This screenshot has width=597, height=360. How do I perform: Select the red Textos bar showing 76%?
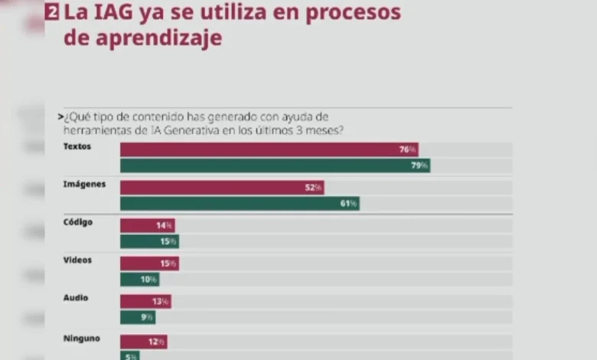[269, 149]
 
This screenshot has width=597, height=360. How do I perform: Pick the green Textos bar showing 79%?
[275, 165]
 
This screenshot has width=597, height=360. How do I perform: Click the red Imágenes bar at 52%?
[222, 188]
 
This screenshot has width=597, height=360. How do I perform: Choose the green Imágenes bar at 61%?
[240, 204]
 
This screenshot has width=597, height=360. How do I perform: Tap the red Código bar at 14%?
[148, 225]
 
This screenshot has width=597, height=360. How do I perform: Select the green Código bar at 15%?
[149, 241]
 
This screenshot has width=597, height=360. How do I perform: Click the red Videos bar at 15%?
[149, 263]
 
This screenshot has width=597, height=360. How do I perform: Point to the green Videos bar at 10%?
[140, 280]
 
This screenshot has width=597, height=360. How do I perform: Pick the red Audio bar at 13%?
[145, 302]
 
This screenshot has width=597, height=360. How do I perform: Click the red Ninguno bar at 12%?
[143, 341]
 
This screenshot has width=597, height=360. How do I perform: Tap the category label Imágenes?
[84, 184]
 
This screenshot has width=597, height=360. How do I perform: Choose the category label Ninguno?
[81, 337]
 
